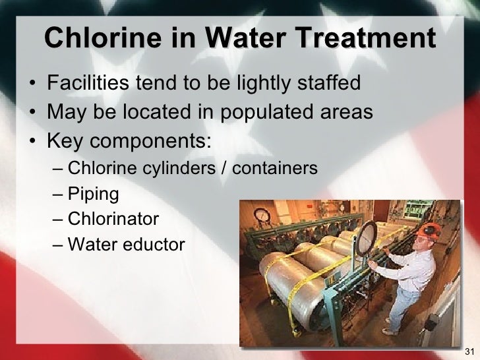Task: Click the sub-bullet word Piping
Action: point(94,195)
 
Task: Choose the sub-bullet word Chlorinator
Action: point(113,219)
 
